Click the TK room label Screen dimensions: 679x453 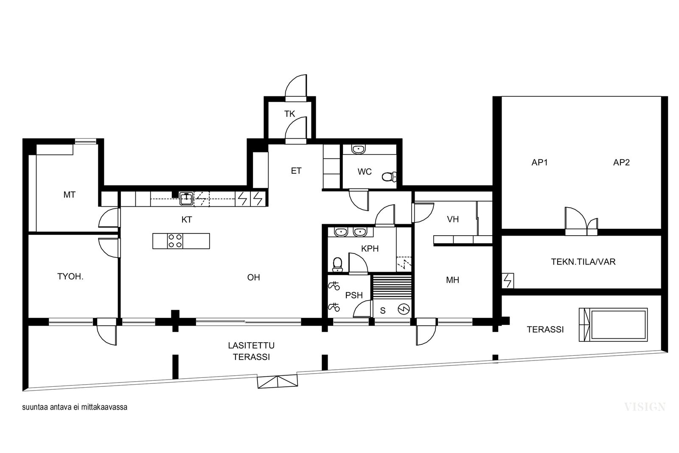[x=289, y=114]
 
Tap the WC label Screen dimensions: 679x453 [x=365, y=172]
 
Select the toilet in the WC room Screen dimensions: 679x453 [x=389, y=177]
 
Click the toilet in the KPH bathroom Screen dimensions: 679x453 [x=337, y=264]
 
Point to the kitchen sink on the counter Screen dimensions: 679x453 [x=186, y=199]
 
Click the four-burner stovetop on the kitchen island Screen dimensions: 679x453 [x=175, y=241]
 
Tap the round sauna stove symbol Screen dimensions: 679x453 [x=404, y=310]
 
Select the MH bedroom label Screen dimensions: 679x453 [x=452, y=280]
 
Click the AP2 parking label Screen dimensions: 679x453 [x=621, y=163]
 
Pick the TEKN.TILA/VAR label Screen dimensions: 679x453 [x=583, y=262]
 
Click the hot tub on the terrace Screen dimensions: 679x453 [x=613, y=325]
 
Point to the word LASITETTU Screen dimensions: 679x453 [x=251, y=345]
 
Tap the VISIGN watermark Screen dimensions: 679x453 [x=645, y=407]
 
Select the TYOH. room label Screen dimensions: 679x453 [x=70, y=276]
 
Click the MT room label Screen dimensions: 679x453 [x=70, y=195]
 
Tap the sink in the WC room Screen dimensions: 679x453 [x=359, y=149]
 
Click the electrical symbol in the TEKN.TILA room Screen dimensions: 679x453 [x=508, y=281]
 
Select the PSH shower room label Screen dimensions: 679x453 [x=354, y=295]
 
